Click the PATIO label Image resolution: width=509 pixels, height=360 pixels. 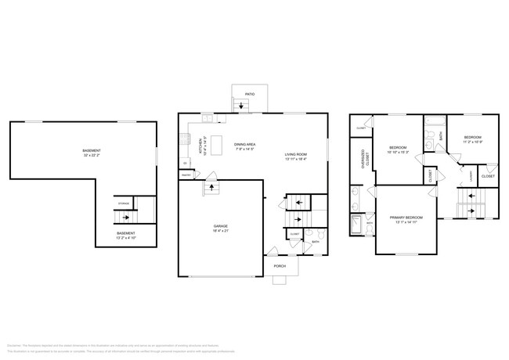(x=250, y=94)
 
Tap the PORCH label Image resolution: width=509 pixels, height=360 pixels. (x=280, y=266)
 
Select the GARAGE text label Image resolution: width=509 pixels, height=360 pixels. (x=221, y=226)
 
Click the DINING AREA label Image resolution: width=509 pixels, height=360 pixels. (x=246, y=144)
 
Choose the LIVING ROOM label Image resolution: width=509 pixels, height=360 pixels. (x=295, y=154)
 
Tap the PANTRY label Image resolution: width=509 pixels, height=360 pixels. (x=186, y=175)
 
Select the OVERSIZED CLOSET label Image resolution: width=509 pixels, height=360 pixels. (x=363, y=159)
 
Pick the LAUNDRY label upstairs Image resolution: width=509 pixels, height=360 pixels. (x=471, y=177)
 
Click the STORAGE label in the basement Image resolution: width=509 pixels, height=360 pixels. (x=124, y=203)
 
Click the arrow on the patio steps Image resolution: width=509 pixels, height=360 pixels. (x=240, y=104)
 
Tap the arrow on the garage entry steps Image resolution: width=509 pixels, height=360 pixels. (x=210, y=189)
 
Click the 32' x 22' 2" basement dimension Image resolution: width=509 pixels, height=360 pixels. (x=92, y=156)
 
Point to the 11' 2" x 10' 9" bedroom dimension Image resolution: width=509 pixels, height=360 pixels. (x=475, y=142)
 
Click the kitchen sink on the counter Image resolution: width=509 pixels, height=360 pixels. (x=208, y=118)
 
